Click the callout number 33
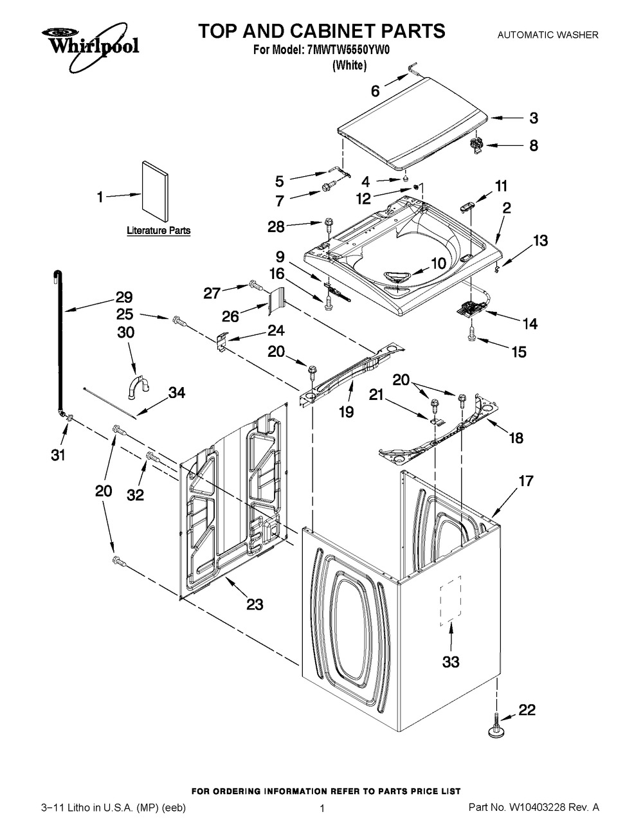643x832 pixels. click(x=451, y=661)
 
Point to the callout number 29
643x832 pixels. click(x=124, y=297)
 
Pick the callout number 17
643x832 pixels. click(x=526, y=480)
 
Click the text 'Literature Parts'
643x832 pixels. click(x=158, y=230)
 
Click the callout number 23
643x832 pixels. click(x=255, y=604)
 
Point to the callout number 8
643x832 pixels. click(x=533, y=145)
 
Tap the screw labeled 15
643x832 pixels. click(x=470, y=332)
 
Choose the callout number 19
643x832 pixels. click(x=346, y=411)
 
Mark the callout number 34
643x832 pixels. click(x=177, y=392)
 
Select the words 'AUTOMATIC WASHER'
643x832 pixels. click(x=548, y=35)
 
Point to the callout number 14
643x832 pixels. click(x=529, y=323)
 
